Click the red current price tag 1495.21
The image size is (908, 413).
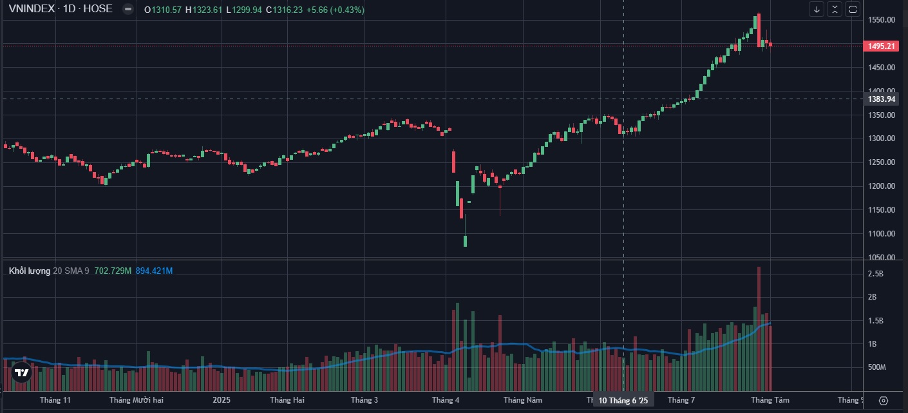(882, 46)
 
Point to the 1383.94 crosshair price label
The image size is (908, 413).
(882, 99)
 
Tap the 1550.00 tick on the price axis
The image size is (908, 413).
(882, 20)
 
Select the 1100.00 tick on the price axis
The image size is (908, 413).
(882, 234)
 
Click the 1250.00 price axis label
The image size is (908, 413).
(882, 162)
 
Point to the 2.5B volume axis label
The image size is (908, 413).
(875, 274)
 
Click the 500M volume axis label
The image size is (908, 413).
(878, 367)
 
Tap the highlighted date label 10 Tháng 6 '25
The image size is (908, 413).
(623, 400)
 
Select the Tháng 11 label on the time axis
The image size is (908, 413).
(55, 400)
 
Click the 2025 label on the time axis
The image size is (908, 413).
(222, 400)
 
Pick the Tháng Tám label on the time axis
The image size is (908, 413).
(770, 400)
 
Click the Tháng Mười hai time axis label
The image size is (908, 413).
(137, 400)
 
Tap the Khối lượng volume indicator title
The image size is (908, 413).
(30, 271)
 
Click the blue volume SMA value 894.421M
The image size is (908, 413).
(154, 271)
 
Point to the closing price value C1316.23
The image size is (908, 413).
(287, 10)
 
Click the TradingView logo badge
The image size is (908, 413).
(21, 372)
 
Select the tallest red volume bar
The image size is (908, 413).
(759, 329)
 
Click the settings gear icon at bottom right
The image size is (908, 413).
(883, 400)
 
